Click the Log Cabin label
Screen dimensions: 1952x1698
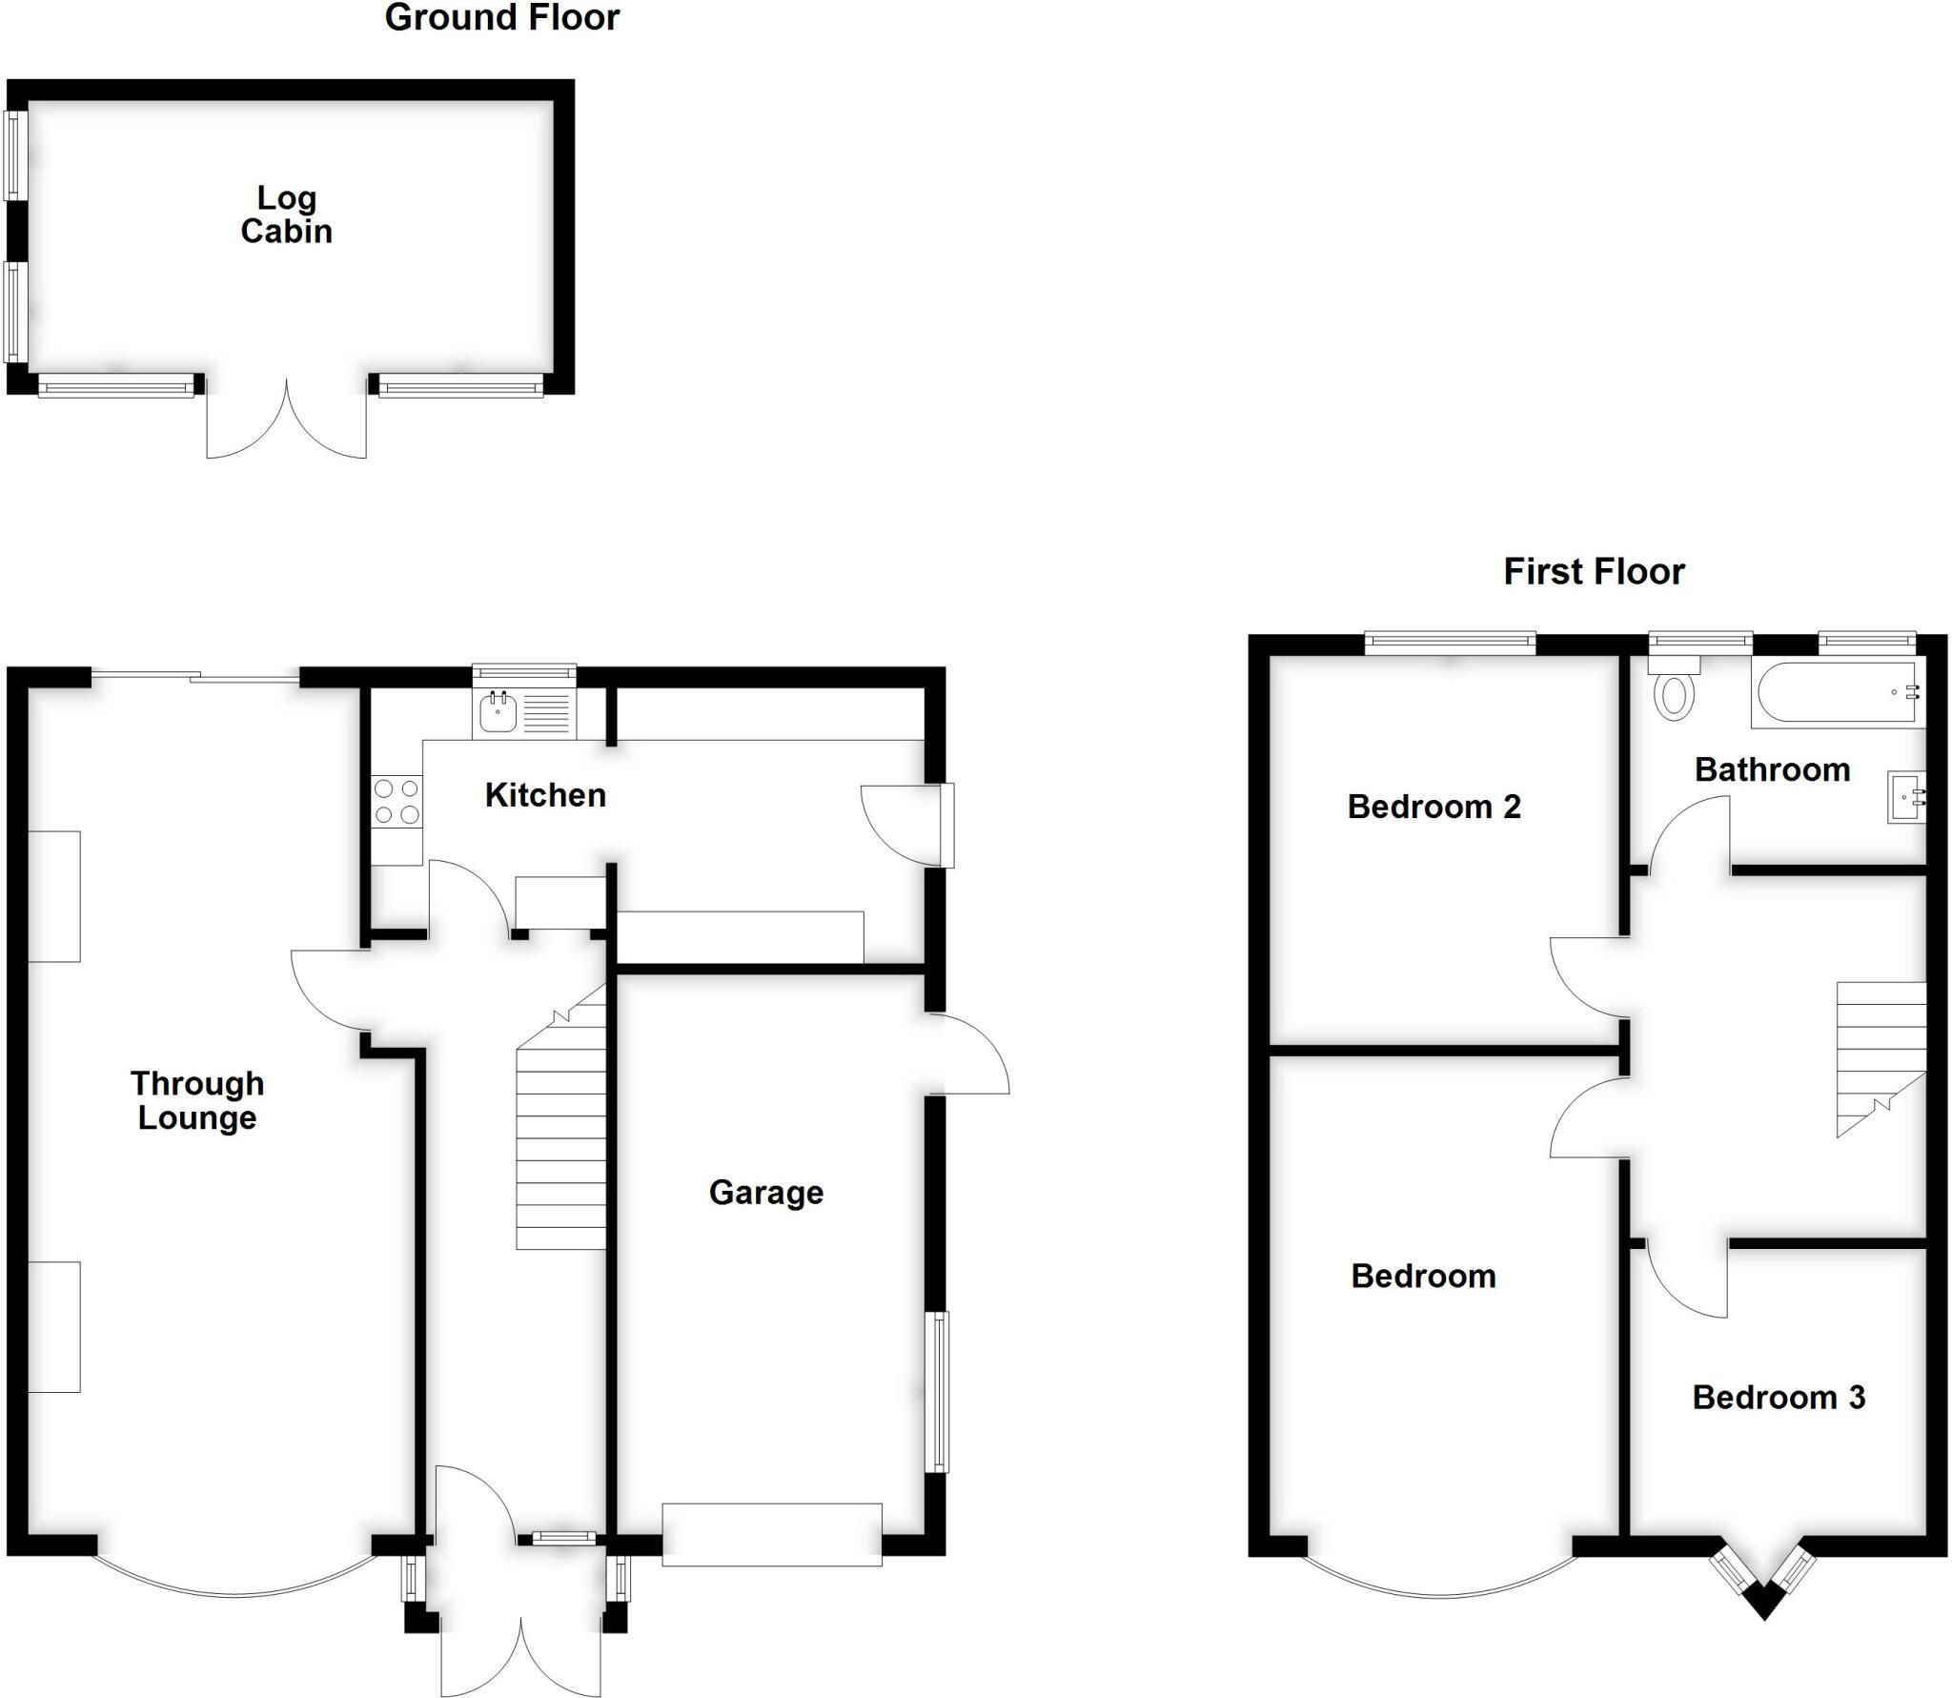coord(286,215)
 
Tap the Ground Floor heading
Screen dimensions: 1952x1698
coord(502,17)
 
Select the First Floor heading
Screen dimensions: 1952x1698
coord(1594,571)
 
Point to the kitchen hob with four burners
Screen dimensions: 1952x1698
coord(396,801)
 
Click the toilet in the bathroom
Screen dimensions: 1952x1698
coord(1674,688)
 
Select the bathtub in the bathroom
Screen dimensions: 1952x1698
coord(1838,693)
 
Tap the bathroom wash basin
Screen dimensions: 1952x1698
coord(1906,797)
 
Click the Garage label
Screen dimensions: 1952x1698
coord(766,1193)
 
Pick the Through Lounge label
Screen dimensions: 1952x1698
coord(197,1100)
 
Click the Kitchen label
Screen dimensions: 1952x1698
coord(545,794)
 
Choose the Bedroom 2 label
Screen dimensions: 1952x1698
coord(1433,807)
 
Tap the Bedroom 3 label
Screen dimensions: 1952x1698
coord(1779,1397)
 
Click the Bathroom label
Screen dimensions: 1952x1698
coord(1772,769)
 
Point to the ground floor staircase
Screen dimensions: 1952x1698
coord(561,1115)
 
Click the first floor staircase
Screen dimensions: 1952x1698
coord(1881,1059)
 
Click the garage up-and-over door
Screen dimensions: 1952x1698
coord(772,1534)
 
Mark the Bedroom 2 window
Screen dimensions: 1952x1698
coord(1450,644)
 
